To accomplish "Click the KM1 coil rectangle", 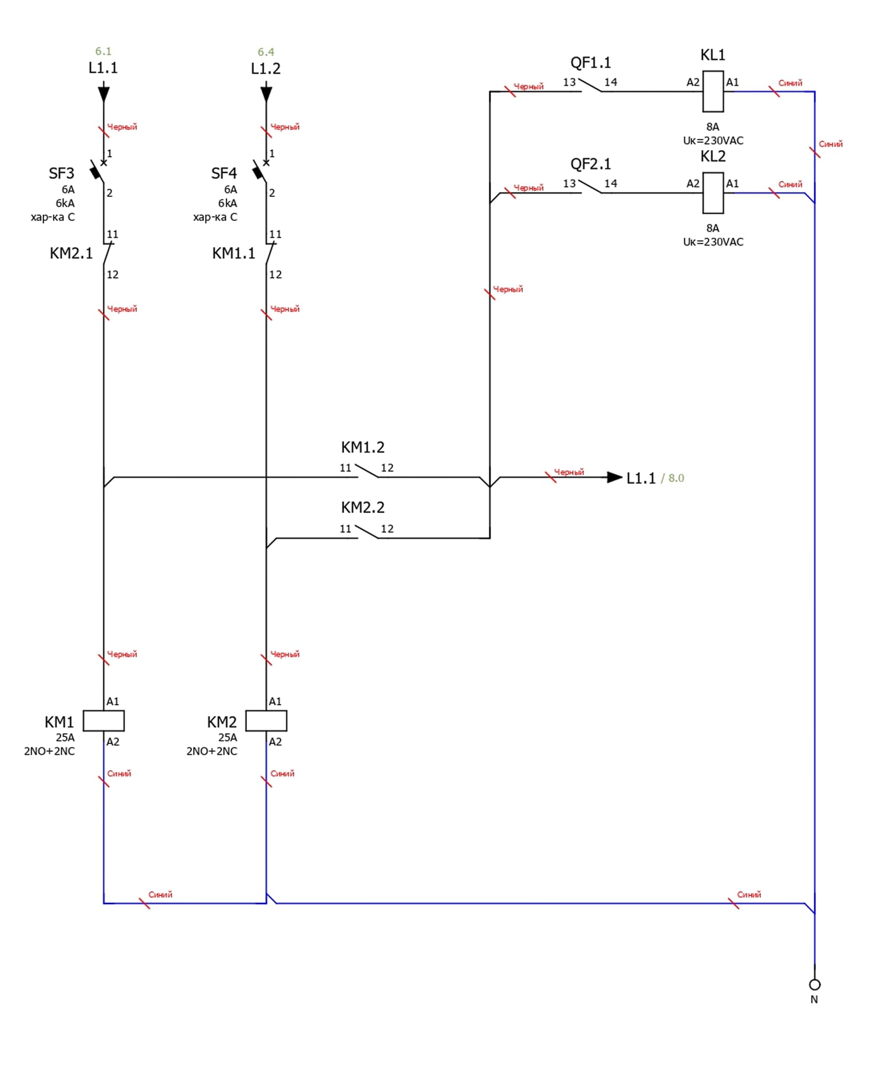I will point(104,721).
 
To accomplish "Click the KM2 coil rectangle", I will point(266,721).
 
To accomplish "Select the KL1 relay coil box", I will point(713,91).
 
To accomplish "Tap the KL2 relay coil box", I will point(713,192).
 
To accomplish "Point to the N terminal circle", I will point(814,984).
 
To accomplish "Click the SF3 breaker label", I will point(61,173).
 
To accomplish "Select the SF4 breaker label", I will point(224,173).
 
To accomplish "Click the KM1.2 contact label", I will point(363,447).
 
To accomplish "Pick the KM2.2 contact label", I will point(363,507).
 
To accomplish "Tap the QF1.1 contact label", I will point(590,62).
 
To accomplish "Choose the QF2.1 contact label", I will point(590,164).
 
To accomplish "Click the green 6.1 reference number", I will point(103,52).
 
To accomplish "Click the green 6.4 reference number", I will point(266,52).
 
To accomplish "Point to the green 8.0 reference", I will point(676,478).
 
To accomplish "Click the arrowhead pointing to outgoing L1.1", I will point(614,477).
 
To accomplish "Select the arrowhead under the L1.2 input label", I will point(266,93).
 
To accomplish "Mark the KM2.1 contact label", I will point(71,253).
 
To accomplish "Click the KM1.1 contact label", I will point(234,253).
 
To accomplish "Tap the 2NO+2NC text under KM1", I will point(49,751).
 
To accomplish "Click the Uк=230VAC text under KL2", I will point(713,242).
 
